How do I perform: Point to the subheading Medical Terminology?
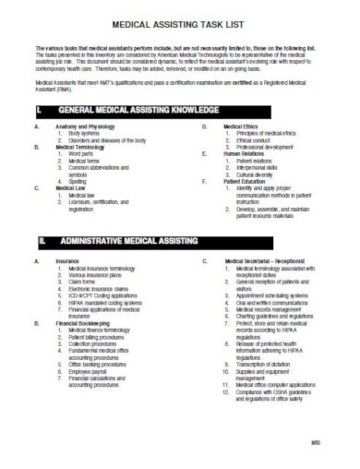coord(82,147)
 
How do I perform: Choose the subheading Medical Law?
coord(72,189)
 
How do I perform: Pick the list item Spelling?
coord(79,182)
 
